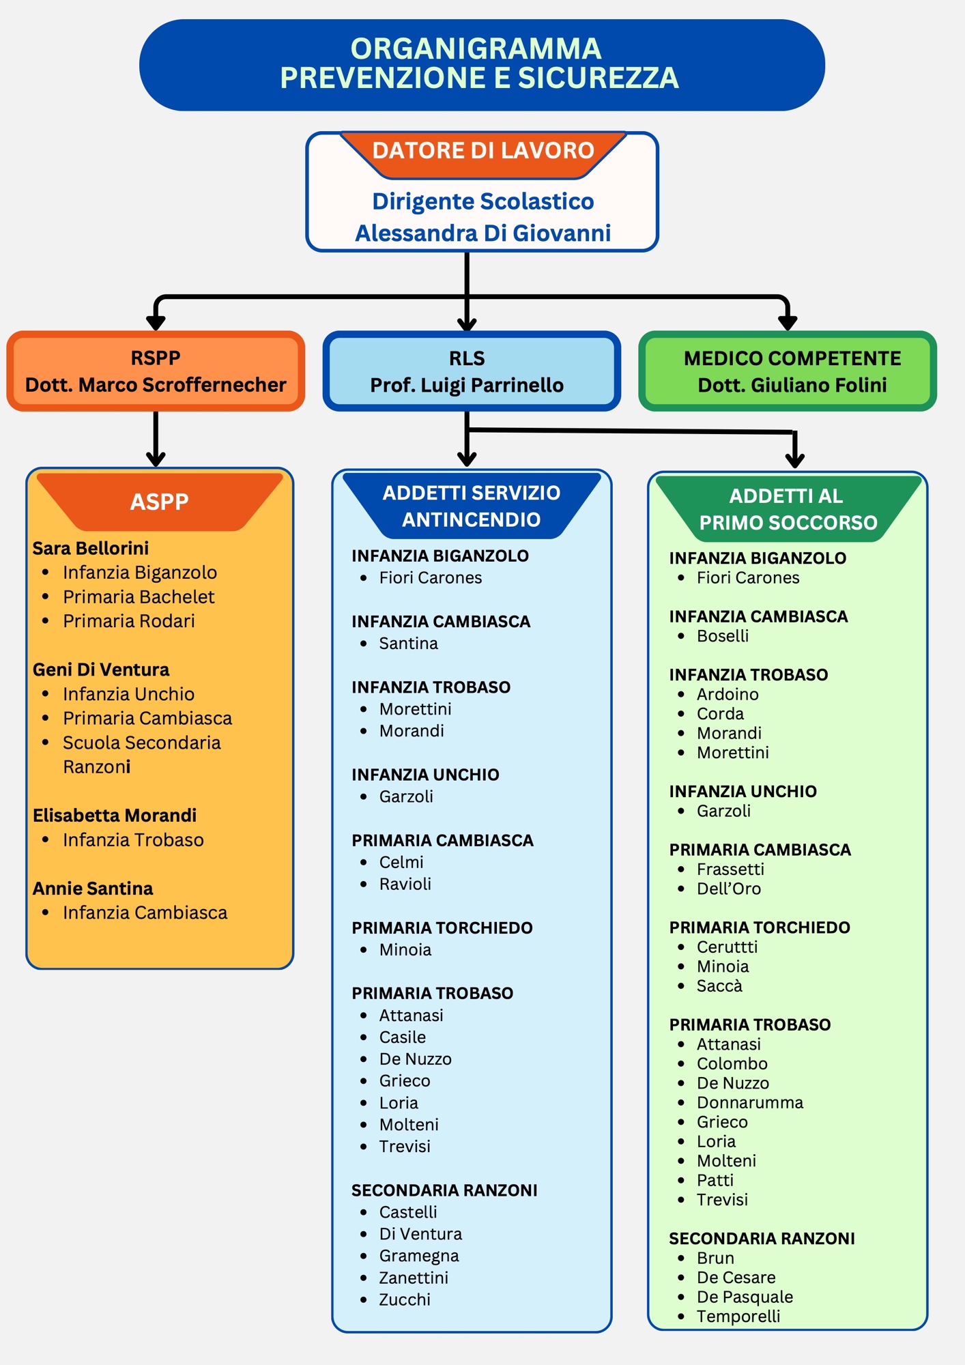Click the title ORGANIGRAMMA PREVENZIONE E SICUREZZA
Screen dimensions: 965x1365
479,63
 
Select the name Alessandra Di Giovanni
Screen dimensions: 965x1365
482,233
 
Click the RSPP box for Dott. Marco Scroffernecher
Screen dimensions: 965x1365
156,371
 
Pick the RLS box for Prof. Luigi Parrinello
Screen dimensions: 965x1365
472,371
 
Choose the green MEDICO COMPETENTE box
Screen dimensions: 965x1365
788,371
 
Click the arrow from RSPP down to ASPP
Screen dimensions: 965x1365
156,439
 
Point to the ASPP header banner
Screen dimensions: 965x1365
160,502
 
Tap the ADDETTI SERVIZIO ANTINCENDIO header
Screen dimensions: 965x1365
472,506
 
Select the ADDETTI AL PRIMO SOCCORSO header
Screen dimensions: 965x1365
788,509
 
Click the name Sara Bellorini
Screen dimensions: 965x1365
91,548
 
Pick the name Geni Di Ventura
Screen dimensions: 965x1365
101,670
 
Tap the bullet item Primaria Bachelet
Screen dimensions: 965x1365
139,597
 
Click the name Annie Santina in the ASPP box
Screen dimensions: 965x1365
93,889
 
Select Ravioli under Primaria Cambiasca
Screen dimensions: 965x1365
405,884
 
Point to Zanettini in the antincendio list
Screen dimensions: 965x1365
414,1278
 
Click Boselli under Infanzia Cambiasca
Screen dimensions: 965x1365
723,636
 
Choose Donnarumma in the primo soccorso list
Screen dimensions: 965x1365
750,1103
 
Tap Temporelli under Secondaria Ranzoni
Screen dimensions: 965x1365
738,1317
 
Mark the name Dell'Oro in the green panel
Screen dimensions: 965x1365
729,889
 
